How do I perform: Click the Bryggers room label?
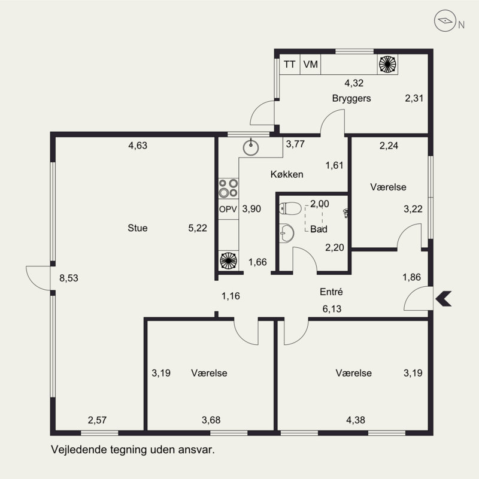pyautogui.click(x=351, y=99)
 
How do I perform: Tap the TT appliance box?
pyautogui.click(x=290, y=64)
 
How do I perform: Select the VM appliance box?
pyautogui.click(x=310, y=64)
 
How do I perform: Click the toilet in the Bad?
pyautogui.click(x=286, y=208)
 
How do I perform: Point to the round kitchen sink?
pyautogui.click(x=251, y=147)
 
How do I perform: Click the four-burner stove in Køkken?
pyautogui.click(x=228, y=188)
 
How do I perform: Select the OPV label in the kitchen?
pyautogui.click(x=228, y=209)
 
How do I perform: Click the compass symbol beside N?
pyautogui.click(x=445, y=21)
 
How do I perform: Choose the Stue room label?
pyautogui.click(x=138, y=228)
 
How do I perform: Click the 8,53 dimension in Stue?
pyautogui.click(x=69, y=278)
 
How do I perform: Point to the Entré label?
pyautogui.click(x=331, y=292)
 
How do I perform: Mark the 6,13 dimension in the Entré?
pyautogui.click(x=332, y=309)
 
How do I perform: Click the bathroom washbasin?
pyautogui.click(x=287, y=233)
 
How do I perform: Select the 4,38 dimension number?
pyautogui.click(x=356, y=420)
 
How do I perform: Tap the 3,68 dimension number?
pyautogui.click(x=211, y=420)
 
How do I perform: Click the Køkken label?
pyautogui.click(x=287, y=174)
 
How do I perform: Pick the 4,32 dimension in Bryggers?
pyautogui.click(x=354, y=83)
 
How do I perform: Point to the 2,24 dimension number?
pyautogui.click(x=389, y=145)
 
